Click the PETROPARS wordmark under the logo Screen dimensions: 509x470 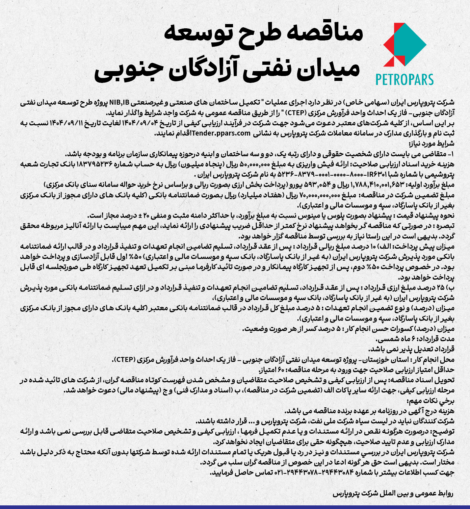pos(404,80)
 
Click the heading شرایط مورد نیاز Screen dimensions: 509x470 pos(431,143)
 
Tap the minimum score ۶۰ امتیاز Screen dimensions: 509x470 pos(265,370)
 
